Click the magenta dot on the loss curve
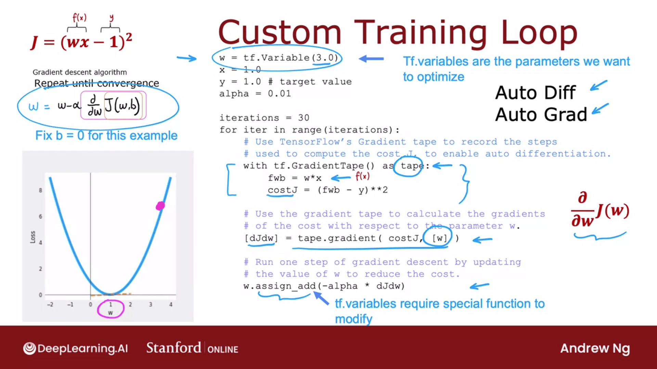click(x=160, y=206)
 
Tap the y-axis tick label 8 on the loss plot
click(x=40, y=190)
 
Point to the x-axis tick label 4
click(x=171, y=304)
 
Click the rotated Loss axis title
click(x=33, y=237)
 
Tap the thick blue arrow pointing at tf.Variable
click(x=371, y=59)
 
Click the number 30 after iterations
click(x=304, y=118)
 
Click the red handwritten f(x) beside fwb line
click(x=363, y=176)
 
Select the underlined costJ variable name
click(x=283, y=190)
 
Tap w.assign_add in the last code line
click(x=280, y=286)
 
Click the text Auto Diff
click(x=536, y=93)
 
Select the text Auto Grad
click(x=541, y=114)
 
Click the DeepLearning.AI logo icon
click(x=29, y=348)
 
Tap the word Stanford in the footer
click(x=173, y=348)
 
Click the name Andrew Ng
click(x=595, y=348)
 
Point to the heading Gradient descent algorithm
click(x=80, y=72)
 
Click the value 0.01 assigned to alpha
click(x=279, y=94)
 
